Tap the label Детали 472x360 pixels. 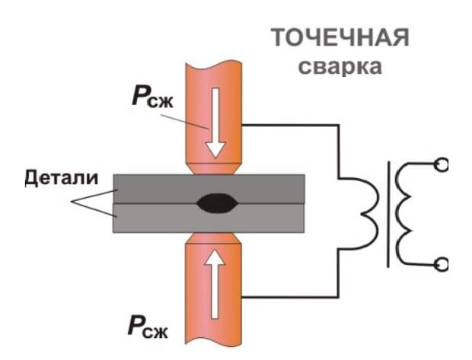(62, 179)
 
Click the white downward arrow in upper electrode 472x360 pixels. (215, 122)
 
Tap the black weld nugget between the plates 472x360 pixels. (216, 203)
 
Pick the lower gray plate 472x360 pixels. (152, 218)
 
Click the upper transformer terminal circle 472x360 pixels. (441, 163)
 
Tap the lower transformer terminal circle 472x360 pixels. (441, 265)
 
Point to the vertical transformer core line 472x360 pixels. (390, 213)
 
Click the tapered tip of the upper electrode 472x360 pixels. (216, 167)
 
